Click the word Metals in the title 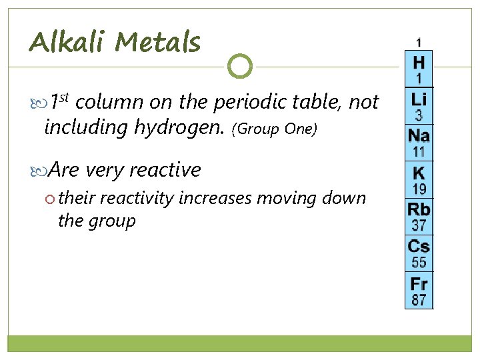[x=157, y=43]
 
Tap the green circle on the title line [x=240, y=66]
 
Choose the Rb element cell [x=419, y=216]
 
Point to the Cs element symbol [x=419, y=246]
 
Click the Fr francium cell [x=419, y=289]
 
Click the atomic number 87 [x=419, y=299]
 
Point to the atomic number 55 [x=419, y=262]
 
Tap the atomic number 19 [x=419, y=189]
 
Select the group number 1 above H [x=419, y=43]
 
